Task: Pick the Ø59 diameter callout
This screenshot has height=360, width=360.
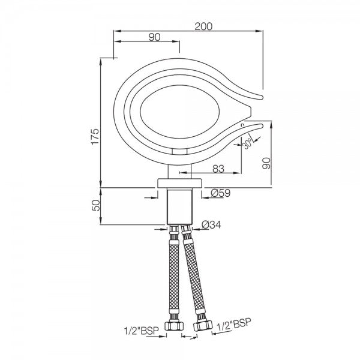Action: click(223, 194)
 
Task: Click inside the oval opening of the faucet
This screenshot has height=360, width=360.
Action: click(175, 113)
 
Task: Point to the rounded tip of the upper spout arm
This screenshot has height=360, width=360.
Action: click(262, 93)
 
